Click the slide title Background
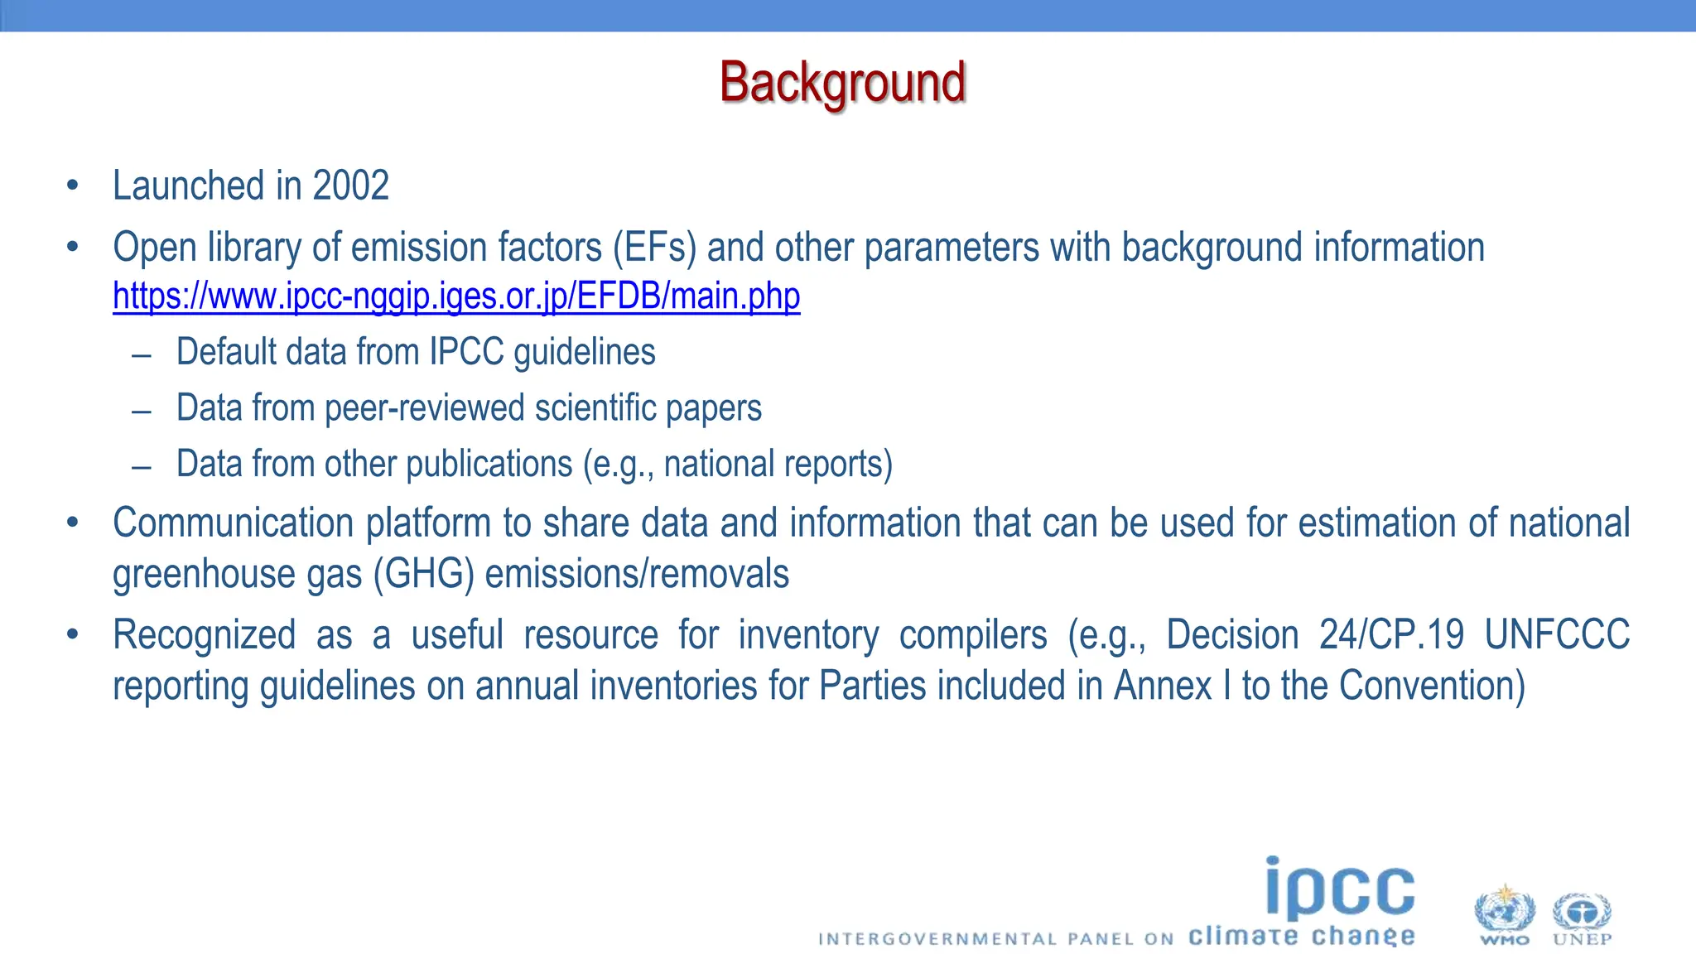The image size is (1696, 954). pos(842,83)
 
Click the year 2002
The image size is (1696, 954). pos(350,185)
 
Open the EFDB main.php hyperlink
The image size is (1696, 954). pos(456,296)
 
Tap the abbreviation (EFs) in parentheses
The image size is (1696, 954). pos(654,248)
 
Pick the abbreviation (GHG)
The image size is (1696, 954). pos(423,575)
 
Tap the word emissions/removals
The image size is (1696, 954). pos(636,575)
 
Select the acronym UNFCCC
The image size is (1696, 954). pos(1557,635)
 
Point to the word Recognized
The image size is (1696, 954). pos(204,635)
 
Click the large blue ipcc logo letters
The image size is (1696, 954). pos(1339,890)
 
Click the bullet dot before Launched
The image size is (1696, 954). pos(73,185)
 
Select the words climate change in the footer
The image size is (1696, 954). pos(1301,937)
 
